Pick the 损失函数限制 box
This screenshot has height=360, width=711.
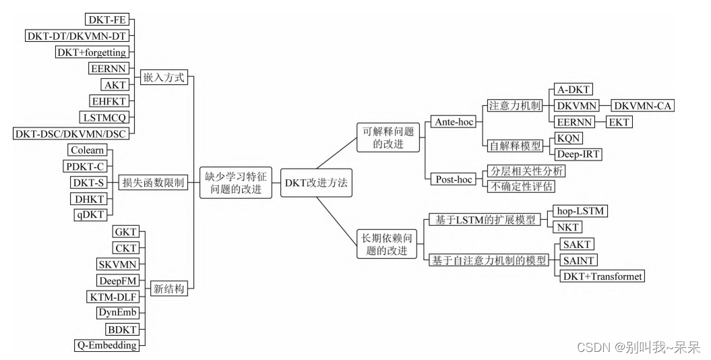pyautogui.click(x=152, y=183)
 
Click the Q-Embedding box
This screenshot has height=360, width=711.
pyautogui.click(x=105, y=345)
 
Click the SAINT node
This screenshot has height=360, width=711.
pyautogui.click(x=574, y=260)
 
